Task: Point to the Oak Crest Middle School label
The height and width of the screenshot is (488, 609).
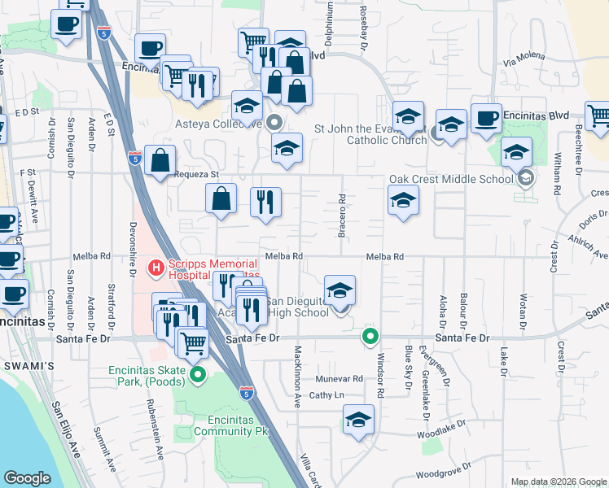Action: (x=451, y=179)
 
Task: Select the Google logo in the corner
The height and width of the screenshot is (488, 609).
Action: (x=27, y=478)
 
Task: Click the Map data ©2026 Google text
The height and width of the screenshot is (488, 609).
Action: (x=558, y=481)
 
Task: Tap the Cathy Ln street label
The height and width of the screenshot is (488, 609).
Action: (x=327, y=395)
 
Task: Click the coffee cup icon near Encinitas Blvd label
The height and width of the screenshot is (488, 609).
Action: (x=486, y=117)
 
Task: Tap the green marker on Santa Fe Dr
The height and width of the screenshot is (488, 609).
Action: (x=370, y=335)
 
